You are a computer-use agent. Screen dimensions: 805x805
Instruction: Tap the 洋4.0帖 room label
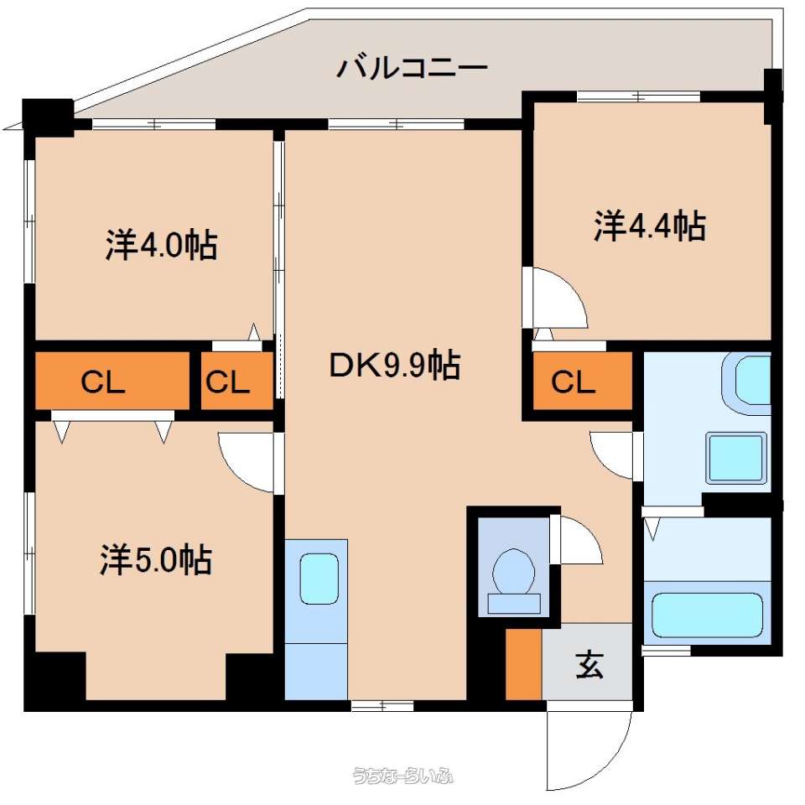[161, 244]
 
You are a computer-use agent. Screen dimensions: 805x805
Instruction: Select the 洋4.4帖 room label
[650, 226]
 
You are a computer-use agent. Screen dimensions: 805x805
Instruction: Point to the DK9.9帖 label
[394, 365]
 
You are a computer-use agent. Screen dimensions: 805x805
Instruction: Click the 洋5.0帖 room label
[156, 559]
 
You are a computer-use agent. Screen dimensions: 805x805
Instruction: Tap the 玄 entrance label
[589, 665]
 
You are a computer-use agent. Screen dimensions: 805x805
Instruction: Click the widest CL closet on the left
[112, 381]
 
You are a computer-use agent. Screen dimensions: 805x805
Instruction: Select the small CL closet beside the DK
[236, 381]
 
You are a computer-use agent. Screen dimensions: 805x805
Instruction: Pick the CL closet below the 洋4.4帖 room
[583, 381]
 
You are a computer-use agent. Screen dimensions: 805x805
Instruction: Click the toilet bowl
[514, 582]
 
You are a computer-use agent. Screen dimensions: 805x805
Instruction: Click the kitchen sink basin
[319, 579]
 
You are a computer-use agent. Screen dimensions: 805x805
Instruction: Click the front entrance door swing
[589, 750]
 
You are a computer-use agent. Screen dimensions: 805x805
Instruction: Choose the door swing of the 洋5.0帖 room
[246, 462]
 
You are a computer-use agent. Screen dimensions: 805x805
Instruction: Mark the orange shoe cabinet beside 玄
[523, 664]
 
